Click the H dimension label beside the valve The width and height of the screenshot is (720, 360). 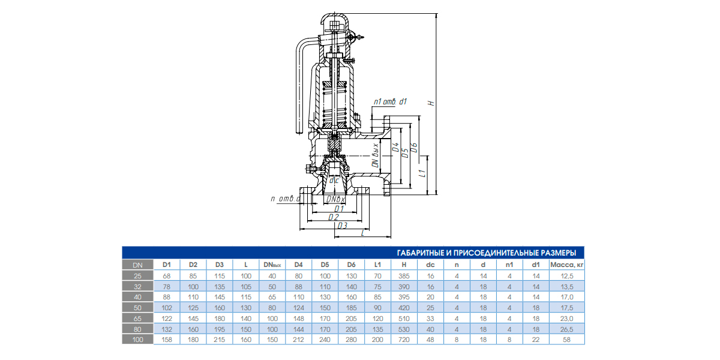pyautogui.click(x=431, y=103)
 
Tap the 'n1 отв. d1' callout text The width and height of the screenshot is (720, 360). pyautogui.click(x=390, y=101)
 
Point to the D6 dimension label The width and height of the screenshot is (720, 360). pyautogui.click(x=415, y=148)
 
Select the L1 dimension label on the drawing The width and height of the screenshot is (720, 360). pyautogui.click(x=424, y=173)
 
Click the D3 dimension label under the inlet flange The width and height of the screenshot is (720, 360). pyautogui.click(x=343, y=226)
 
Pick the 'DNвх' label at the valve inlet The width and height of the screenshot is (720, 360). pyautogui.click(x=335, y=199)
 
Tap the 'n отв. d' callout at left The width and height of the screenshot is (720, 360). pyautogui.click(x=286, y=199)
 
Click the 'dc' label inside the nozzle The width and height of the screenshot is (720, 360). pyautogui.click(x=334, y=181)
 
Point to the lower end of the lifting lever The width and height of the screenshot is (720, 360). pyautogui.click(x=299, y=132)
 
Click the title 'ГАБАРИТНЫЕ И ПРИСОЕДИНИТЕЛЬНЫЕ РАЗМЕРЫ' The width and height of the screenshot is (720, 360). pyautogui.click(x=487, y=253)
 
